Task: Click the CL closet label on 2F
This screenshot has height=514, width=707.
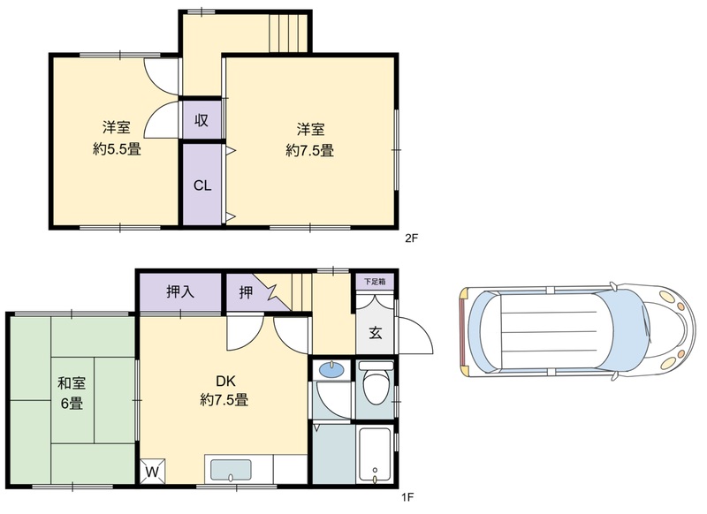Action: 202,185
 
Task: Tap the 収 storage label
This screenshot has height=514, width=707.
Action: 201,120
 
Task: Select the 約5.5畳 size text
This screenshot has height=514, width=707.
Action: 117,149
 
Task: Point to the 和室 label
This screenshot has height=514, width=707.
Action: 72,383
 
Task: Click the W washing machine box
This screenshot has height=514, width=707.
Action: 152,472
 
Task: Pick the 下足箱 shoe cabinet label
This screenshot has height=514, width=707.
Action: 375,282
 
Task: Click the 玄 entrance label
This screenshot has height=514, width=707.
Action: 376,333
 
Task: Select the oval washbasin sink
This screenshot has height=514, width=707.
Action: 331,370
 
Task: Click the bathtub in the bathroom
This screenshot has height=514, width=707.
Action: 374,456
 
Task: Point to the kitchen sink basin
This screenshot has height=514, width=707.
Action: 231,470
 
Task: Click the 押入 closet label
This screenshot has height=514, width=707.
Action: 180,292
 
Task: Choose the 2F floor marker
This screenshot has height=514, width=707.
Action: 411,238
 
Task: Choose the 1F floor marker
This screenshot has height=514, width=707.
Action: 407,497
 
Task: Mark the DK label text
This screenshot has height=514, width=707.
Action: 225,382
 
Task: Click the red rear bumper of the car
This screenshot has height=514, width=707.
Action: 461,331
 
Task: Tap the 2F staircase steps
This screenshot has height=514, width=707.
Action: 288,33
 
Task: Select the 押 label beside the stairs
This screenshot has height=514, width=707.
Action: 246,292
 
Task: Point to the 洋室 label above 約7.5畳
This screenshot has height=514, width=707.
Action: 310,129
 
